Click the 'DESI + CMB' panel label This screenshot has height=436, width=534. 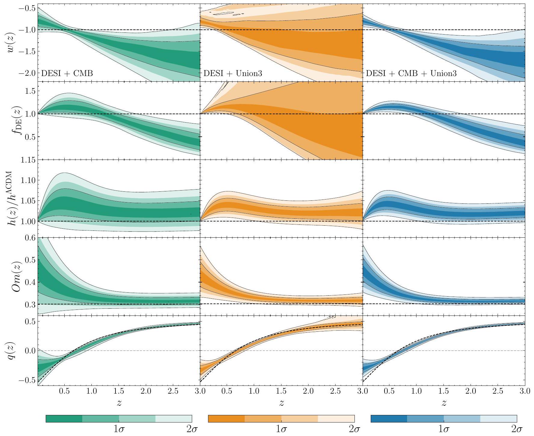point(67,73)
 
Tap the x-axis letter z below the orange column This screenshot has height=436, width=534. point(281,403)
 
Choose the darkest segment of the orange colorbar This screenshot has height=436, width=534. point(226,419)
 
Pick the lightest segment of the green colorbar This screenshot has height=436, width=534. point(173,419)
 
